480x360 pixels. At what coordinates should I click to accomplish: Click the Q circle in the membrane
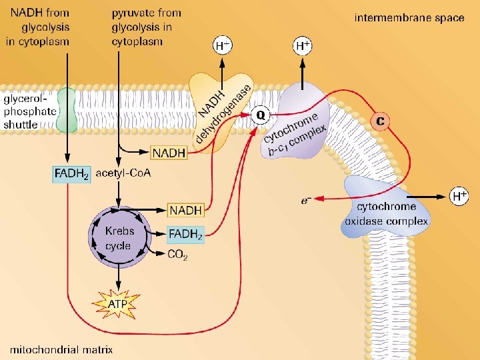[x=261, y=116]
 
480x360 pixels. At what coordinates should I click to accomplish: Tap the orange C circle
[x=380, y=121]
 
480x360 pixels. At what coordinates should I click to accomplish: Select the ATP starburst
[x=117, y=305]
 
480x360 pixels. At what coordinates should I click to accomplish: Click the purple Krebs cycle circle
[x=119, y=237]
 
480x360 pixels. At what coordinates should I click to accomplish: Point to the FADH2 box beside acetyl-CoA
[x=71, y=174]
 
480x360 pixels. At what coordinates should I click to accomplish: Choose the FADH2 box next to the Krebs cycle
[x=185, y=235]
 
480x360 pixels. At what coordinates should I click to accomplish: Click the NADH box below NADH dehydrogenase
[x=169, y=153]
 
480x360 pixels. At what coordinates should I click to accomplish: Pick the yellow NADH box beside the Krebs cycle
[x=185, y=210]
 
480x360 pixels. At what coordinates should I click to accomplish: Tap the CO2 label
[x=177, y=254]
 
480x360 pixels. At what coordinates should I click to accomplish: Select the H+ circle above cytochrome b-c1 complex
[x=303, y=46]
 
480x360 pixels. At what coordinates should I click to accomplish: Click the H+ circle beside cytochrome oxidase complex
[x=459, y=196]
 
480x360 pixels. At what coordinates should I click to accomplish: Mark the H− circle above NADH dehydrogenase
[x=223, y=46]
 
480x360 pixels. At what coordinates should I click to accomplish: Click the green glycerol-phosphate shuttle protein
[x=67, y=109]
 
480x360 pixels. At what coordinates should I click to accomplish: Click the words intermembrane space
[x=409, y=18]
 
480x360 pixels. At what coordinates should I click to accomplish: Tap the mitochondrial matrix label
[x=61, y=349]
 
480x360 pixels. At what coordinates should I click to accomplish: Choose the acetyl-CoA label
[x=123, y=173]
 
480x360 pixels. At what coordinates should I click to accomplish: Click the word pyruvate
[x=131, y=13]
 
